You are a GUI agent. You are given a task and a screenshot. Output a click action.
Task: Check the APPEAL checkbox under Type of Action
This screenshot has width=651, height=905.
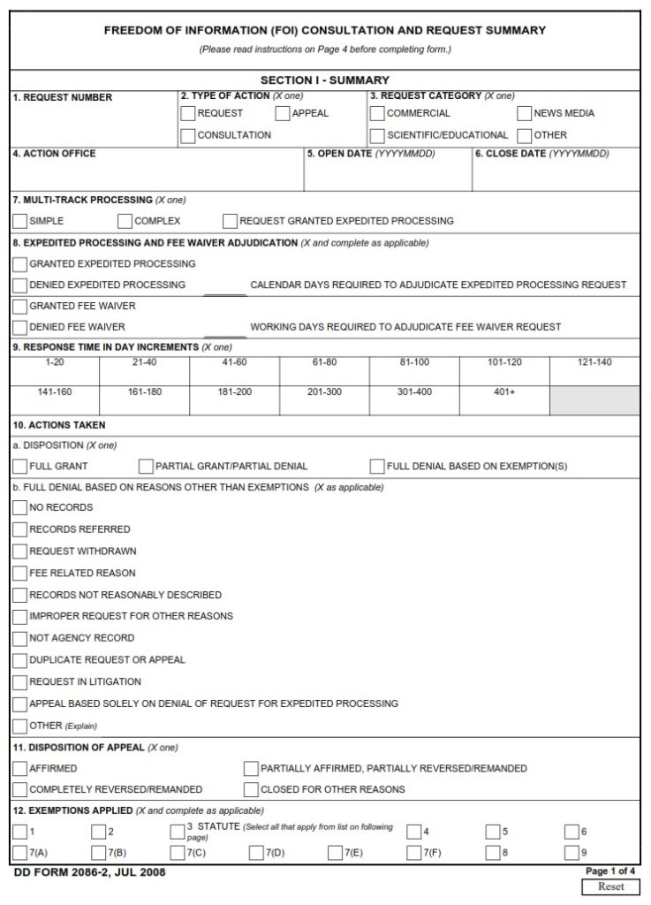coord(283,113)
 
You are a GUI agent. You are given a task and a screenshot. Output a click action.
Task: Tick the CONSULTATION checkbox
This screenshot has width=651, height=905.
coord(188,135)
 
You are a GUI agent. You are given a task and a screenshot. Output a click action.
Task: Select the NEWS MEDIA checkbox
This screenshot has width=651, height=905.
coord(525,113)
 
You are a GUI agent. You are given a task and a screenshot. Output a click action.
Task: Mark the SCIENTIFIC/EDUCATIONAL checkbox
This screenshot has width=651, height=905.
coord(377,135)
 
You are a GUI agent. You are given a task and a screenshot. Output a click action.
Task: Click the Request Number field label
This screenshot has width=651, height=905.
coord(63,97)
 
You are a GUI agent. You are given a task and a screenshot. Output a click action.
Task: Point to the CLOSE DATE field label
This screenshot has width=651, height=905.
coord(509,154)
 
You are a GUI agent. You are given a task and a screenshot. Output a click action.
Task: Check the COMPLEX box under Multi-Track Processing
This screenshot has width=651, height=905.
coord(125,221)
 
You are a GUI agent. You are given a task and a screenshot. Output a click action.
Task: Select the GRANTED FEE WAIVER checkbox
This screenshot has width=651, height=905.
coord(20,306)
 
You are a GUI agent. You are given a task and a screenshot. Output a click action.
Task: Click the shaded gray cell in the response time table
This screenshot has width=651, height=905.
coord(594,399)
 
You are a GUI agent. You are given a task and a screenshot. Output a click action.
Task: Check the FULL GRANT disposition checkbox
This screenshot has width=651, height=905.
coord(20,466)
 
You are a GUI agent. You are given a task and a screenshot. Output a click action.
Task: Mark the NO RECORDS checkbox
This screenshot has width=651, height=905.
coord(20,508)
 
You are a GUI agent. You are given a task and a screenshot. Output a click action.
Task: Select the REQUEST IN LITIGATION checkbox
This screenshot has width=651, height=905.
coord(20,682)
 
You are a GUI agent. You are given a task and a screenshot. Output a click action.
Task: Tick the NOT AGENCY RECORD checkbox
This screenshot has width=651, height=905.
coord(20,638)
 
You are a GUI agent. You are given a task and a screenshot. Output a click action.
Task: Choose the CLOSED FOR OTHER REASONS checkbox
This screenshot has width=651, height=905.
coord(251,789)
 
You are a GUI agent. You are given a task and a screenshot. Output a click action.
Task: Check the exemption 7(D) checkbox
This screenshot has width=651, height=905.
coord(256,853)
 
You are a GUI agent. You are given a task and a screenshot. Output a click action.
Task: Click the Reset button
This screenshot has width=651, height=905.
coord(610,886)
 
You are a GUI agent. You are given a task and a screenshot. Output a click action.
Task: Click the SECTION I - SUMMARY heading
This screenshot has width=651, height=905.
coord(324,80)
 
